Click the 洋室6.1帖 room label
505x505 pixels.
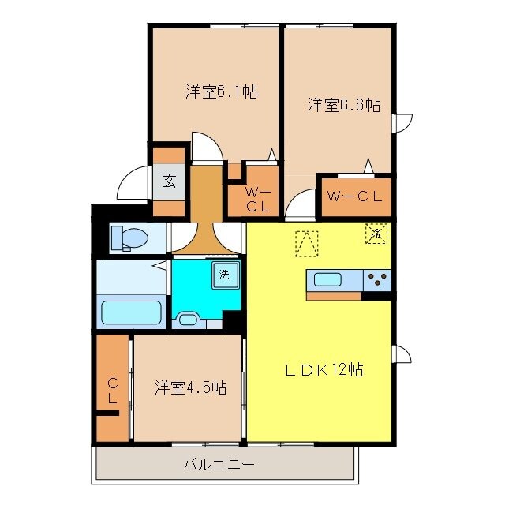click(221, 92)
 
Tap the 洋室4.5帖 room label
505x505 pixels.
click(190, 387)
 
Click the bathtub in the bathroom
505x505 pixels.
click(132, 312)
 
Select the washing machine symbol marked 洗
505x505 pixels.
click(226, 276)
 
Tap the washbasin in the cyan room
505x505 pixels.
click(189, 320)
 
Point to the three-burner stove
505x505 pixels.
click(376, 279)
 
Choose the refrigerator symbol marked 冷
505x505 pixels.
click(376, 234)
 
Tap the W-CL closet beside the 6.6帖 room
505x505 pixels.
click(354, 197)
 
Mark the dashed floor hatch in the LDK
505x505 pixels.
click(306, 243)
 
